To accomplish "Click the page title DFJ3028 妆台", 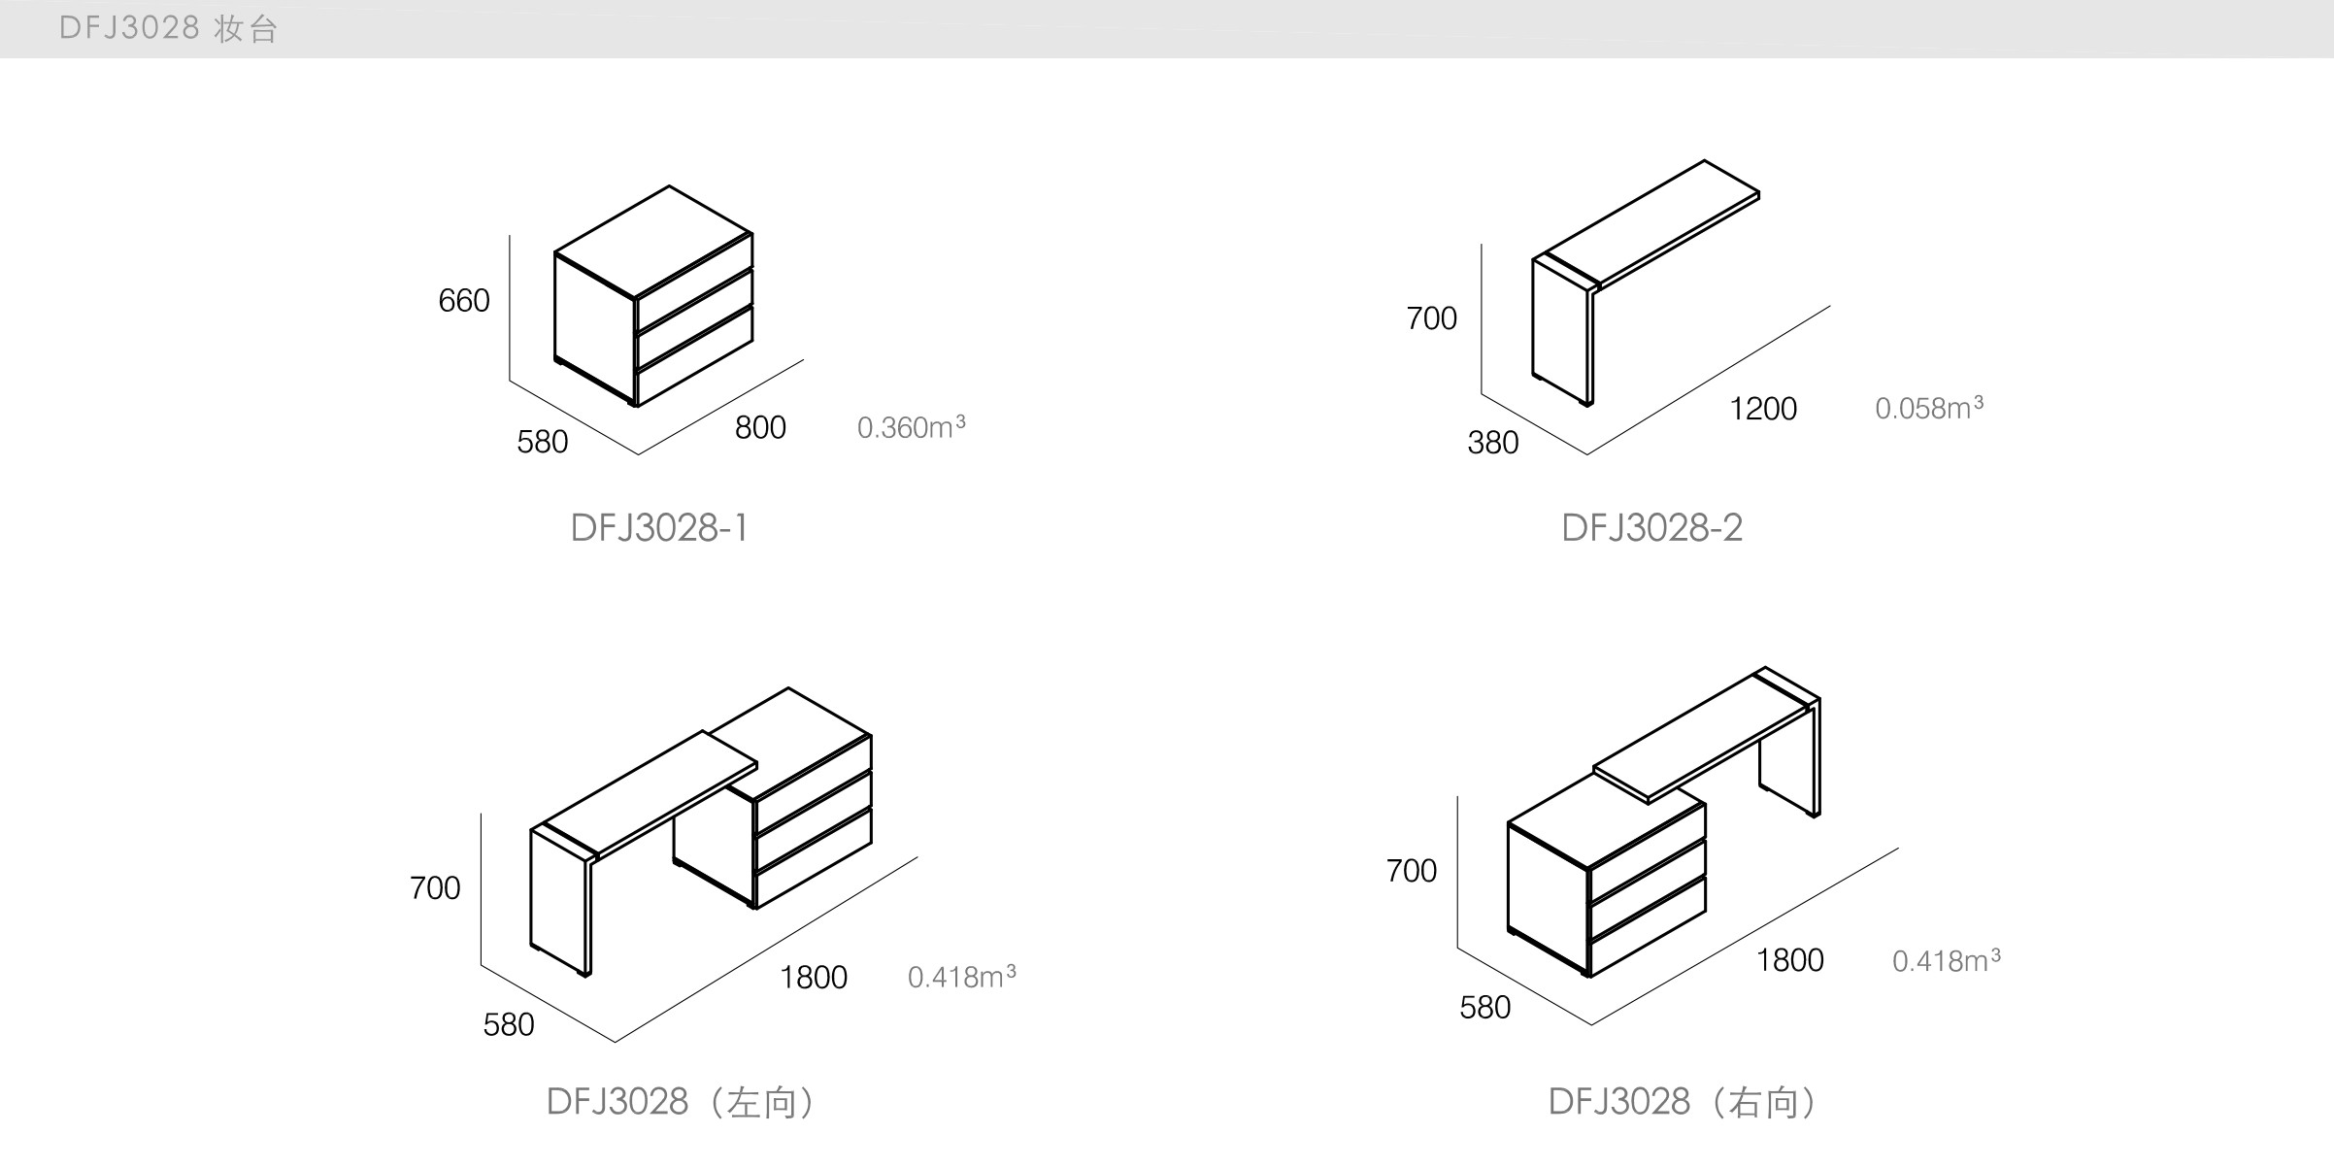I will (169, 28).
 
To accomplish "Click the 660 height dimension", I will (464, 301).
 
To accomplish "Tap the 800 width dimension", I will (760, 427).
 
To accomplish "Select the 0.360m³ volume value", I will (911, 427).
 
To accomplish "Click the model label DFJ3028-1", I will (659, 528).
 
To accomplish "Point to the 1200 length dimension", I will (1763, 409).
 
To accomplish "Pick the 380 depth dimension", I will (1492, 443).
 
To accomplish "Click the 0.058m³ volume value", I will (1928, 408).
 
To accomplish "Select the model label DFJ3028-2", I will (1651, 528).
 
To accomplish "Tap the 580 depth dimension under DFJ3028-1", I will (542, 443).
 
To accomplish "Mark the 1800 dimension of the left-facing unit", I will (814, 978).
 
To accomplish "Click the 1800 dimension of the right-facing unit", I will (1789, 960).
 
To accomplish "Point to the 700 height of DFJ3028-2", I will (1431, 318).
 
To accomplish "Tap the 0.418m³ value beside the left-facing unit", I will (961, 977).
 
